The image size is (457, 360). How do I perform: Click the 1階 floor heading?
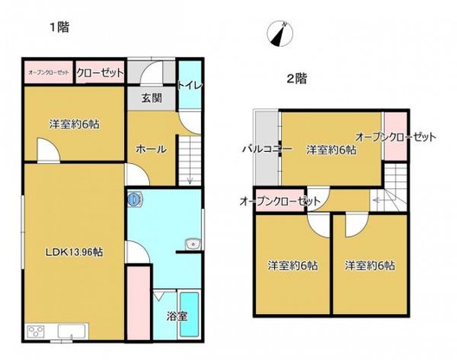click(x=58, y=27)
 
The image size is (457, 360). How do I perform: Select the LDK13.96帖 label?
click(x=75, y=252)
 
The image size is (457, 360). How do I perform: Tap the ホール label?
click(x=152, y=149)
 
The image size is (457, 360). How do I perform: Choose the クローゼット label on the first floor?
click(x=98, y=73)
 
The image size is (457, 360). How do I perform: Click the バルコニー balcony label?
click(x=264, y=149)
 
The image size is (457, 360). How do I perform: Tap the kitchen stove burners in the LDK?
click(x=38, y=332)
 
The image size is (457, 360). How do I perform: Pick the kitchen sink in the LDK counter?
click(x=69, y=332)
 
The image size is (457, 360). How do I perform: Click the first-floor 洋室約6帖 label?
click(x=73, y=124)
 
